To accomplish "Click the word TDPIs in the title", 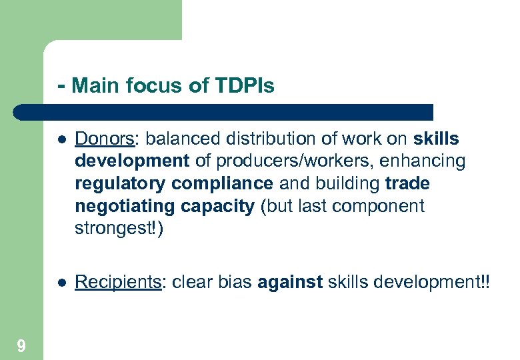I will pos(245,86).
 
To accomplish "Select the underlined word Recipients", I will pos(118,282).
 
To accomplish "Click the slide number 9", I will pos(21,346).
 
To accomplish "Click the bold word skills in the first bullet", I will pos(436,139).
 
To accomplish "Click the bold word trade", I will pos(407,184).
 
